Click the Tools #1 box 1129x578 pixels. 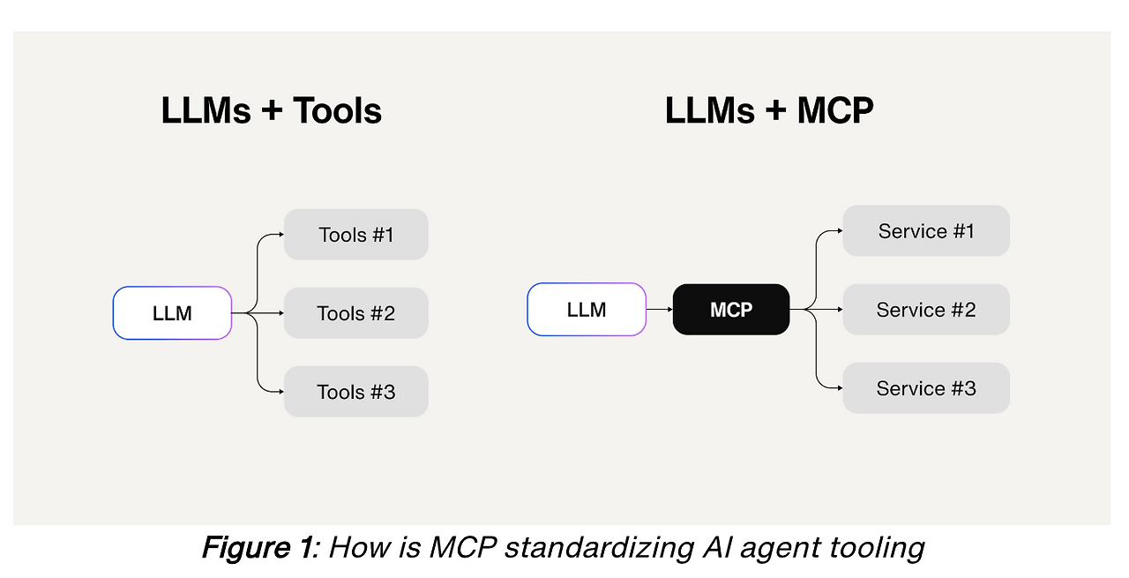coord(355,235)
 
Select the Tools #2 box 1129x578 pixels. coord(355,313)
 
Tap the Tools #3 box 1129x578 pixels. coord(355,392)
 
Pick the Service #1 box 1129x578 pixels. coord(926,231)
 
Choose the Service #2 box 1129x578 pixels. coord(926,310)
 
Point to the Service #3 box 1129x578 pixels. coord(926,388)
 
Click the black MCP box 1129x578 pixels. coord(731,310)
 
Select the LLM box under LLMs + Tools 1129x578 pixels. coord(172,313)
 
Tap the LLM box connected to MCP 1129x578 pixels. coord(587,310)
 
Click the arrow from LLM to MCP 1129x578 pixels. coord(659,310)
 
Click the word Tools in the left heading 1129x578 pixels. coord(337,111)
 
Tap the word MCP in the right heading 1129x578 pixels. coord(834,111)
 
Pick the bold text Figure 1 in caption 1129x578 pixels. coord(258,548)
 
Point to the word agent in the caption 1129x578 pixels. coord(774,548)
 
